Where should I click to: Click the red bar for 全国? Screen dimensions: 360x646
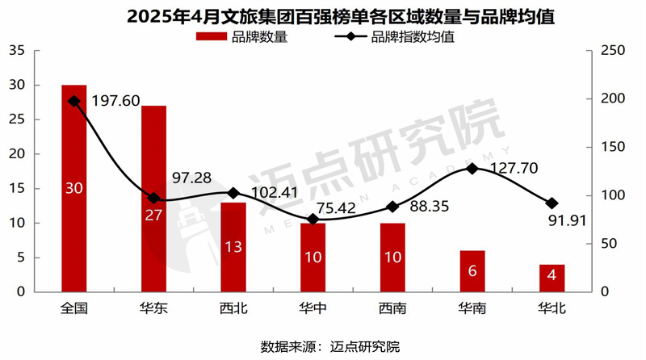74,188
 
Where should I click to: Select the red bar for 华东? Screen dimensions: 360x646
153,199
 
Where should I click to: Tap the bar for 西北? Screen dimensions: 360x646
233,247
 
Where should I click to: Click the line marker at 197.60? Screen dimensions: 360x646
74,101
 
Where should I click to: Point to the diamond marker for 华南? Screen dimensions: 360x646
472,169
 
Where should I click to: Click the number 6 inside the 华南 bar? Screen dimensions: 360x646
472,271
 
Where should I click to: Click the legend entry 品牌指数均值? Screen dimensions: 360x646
400,36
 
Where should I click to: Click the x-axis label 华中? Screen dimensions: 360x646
313,308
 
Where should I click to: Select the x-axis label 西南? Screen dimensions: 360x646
392,308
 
